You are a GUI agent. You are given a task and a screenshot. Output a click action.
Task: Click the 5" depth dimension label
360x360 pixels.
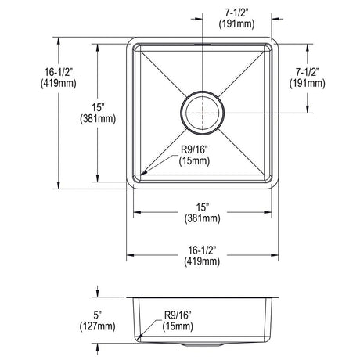point(97,315)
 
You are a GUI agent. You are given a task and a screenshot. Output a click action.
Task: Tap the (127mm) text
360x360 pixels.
point(97,326)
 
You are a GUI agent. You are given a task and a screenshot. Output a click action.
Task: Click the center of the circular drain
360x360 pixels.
point(203,113)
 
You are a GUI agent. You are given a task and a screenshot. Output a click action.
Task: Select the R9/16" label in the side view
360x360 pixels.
point(178,315)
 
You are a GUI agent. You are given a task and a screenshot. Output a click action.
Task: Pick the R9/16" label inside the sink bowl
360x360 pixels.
point(194,149)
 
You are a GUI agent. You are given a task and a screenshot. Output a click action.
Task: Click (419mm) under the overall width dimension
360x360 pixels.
point(202,261)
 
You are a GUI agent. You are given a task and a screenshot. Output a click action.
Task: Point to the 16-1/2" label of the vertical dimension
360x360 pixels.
point(59,72)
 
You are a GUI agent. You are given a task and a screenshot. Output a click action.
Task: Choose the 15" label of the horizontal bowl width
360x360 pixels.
point(203,207)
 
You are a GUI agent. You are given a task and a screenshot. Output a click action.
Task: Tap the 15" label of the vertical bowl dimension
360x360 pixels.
point(98,107)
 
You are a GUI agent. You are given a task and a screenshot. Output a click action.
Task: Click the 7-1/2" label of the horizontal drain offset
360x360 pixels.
point(236,13)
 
